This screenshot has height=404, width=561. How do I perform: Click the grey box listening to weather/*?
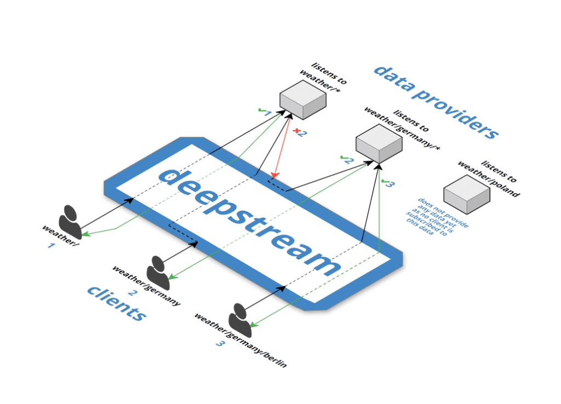point(302,99)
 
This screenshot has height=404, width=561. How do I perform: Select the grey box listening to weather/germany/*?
point(379,142)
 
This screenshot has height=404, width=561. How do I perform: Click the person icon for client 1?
point(70,221)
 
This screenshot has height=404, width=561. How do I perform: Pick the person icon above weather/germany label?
point(158,269)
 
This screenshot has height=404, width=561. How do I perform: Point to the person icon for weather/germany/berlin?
point(241,319)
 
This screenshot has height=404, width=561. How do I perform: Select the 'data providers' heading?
point(436,102)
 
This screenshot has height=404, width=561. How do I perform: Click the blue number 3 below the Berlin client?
point(220,344)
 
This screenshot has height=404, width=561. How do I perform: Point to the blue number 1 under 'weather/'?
point(51,246)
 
